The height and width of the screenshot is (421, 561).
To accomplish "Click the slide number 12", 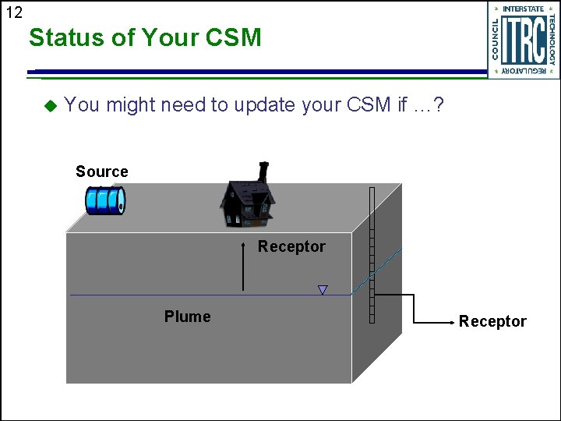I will pos(14,12).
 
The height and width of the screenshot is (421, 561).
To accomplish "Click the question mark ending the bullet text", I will pos(439,105).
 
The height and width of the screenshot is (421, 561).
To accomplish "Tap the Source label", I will pos(101,172).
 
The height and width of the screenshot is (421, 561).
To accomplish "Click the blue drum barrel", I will pos(105,200).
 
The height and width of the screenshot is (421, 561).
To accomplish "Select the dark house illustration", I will pos(248,201).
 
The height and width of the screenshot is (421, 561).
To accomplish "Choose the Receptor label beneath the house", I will pos(291,246).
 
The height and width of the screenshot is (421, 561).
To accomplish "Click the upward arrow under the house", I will pos(244,269).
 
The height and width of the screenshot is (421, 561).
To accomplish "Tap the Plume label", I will pos(187,317).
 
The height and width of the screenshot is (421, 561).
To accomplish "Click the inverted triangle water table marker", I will pos(323,290).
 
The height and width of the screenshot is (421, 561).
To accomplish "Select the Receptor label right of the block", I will pos(492,321).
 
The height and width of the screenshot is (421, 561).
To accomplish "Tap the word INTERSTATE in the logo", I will pos(524,9).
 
